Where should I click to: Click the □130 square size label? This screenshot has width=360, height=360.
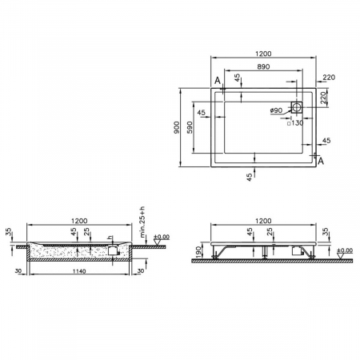tap(295, 123)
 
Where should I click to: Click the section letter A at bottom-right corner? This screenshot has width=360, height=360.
tap(321, 162)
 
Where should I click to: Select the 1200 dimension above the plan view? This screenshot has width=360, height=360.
tap(263, 54)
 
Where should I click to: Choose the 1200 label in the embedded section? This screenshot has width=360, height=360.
tap(78, 221)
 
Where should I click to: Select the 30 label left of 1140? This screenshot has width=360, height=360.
tap(18, 270)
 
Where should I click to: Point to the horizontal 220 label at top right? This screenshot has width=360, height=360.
tap(329, 77)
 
